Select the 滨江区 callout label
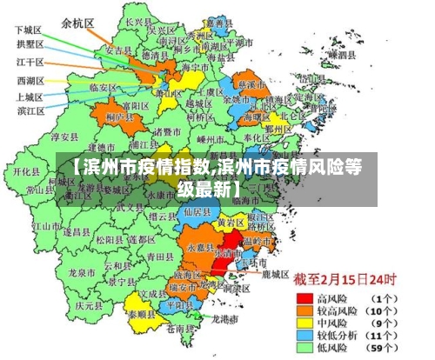(30, 110)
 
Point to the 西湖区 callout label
(30, 81)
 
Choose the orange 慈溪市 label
(253, 84)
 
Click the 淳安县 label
(65, 137)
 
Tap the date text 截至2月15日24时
(345, 280)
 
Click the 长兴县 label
(135, 21)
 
